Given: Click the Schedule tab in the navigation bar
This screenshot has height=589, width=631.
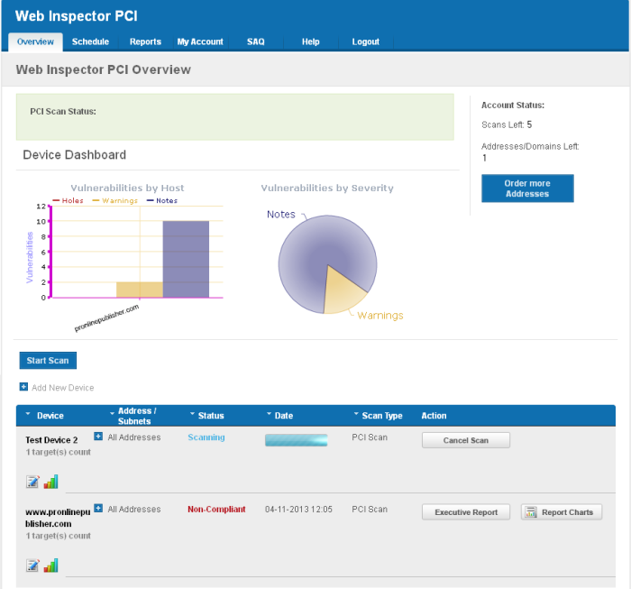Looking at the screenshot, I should [90, 41].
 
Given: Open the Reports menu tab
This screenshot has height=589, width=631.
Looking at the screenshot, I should [145, 41].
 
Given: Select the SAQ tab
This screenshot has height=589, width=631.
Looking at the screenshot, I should [256, 41].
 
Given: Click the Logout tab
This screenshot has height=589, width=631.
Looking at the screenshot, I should [366, 41].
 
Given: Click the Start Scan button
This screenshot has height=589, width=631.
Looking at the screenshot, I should [48, 361].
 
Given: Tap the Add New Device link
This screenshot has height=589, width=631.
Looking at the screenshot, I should [62, 388].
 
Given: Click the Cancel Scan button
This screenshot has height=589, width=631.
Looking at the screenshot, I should [466, 440].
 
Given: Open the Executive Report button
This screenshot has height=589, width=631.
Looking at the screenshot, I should [466, 512].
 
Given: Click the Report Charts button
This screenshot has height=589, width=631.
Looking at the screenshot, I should [561, 512].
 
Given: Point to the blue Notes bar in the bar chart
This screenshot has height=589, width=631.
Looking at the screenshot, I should [186, 259].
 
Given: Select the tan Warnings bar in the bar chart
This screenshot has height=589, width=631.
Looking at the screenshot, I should [139, 290].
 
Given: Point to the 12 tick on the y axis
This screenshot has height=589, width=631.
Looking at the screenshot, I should [41, 206].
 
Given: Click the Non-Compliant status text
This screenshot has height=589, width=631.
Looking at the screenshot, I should [216, 510].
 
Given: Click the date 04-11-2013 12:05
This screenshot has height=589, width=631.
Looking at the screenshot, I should [298, 510].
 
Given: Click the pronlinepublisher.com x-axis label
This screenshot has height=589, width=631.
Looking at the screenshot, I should [106, 318].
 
